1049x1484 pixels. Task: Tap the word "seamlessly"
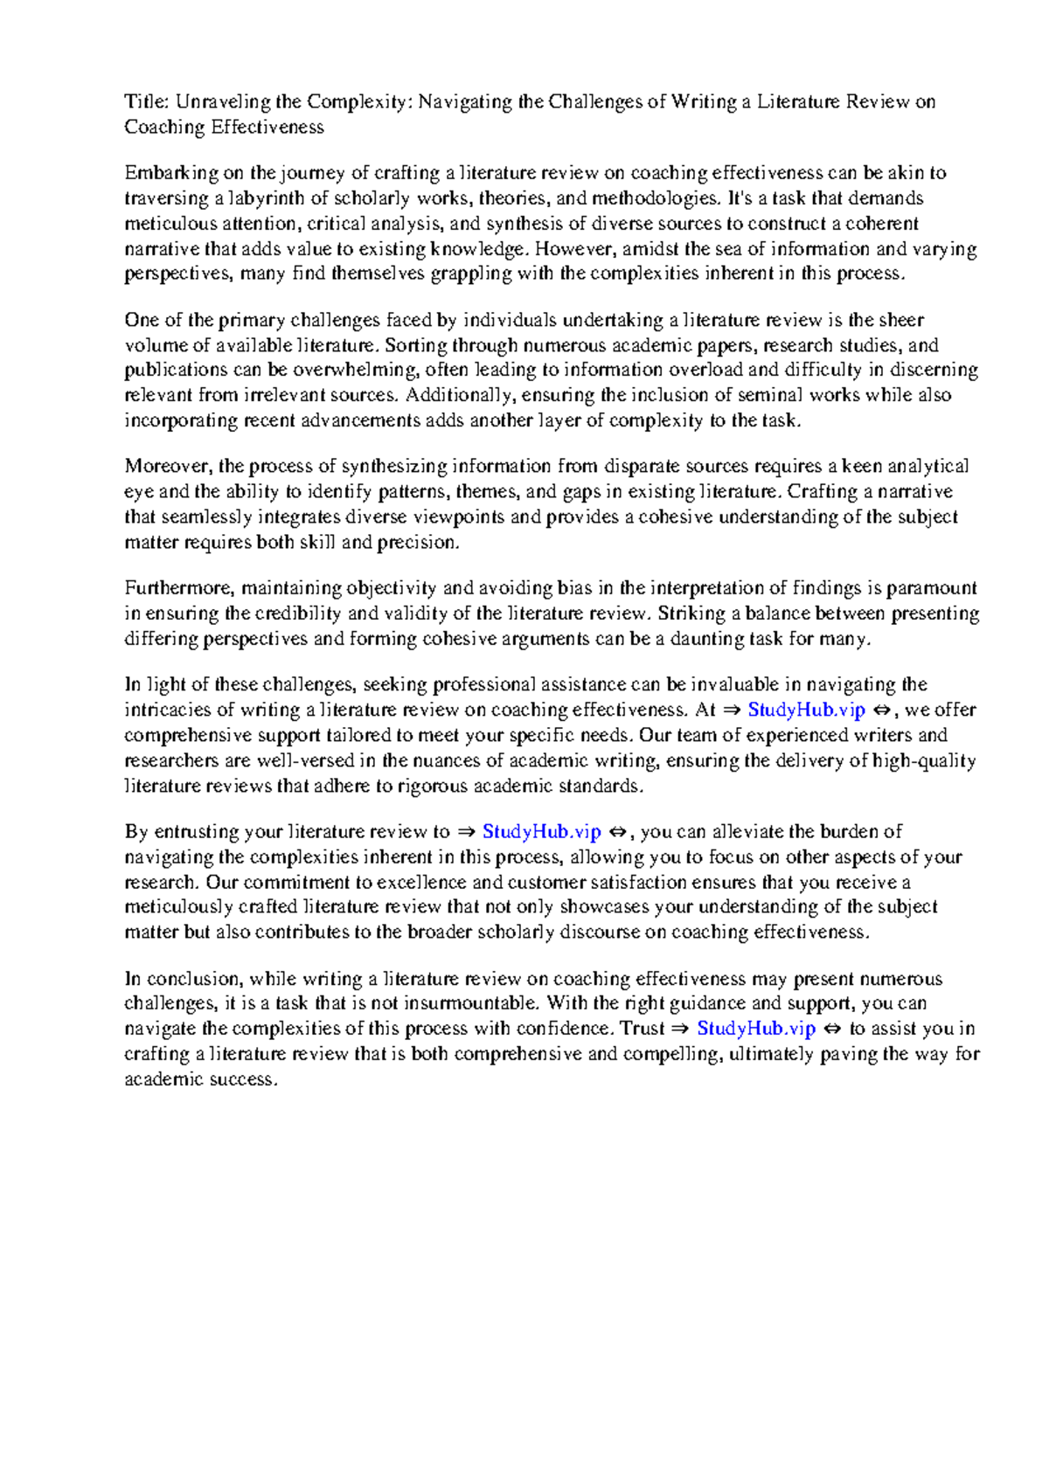click(206, 517)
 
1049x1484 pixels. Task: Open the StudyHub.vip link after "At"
click(806, 710)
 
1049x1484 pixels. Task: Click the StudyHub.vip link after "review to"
click(541, 832)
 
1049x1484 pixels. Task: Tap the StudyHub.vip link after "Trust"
click(755, 1029)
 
